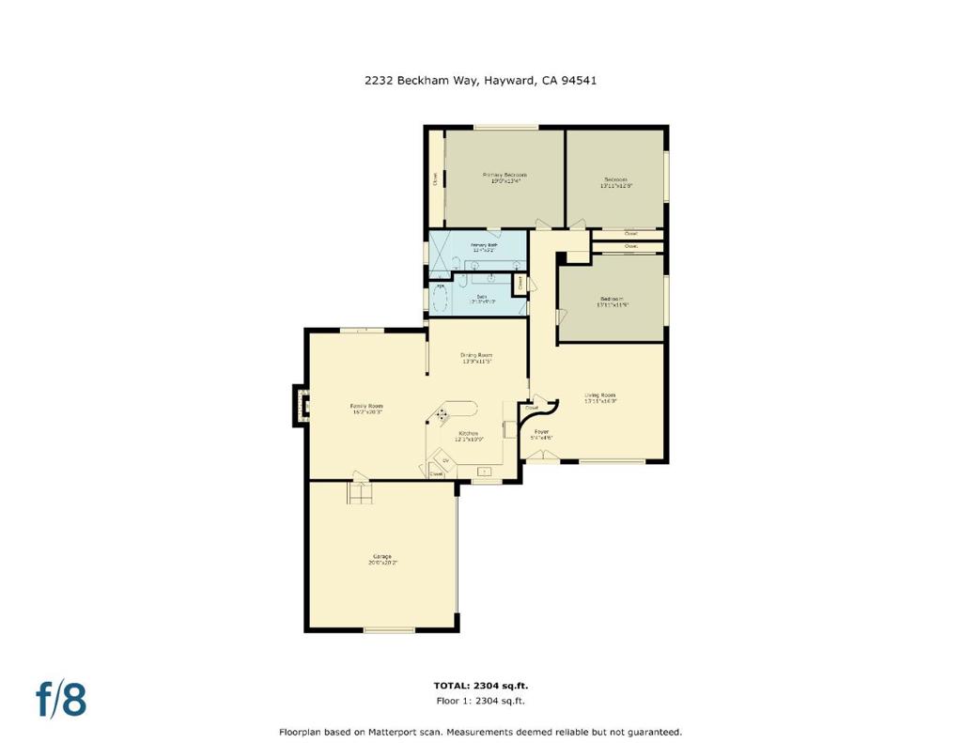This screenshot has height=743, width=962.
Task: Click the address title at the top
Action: point(480,81)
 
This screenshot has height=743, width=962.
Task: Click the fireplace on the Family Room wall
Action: point(300,404)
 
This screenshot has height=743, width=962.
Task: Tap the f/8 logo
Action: point(61,699)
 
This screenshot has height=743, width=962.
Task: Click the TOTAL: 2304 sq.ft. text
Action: point(480,686)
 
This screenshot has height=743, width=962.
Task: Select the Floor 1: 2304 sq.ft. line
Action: point(480,701)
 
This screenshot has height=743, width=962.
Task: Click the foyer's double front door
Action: point(541,456)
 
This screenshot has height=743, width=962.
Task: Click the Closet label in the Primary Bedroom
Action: point(435,178)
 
